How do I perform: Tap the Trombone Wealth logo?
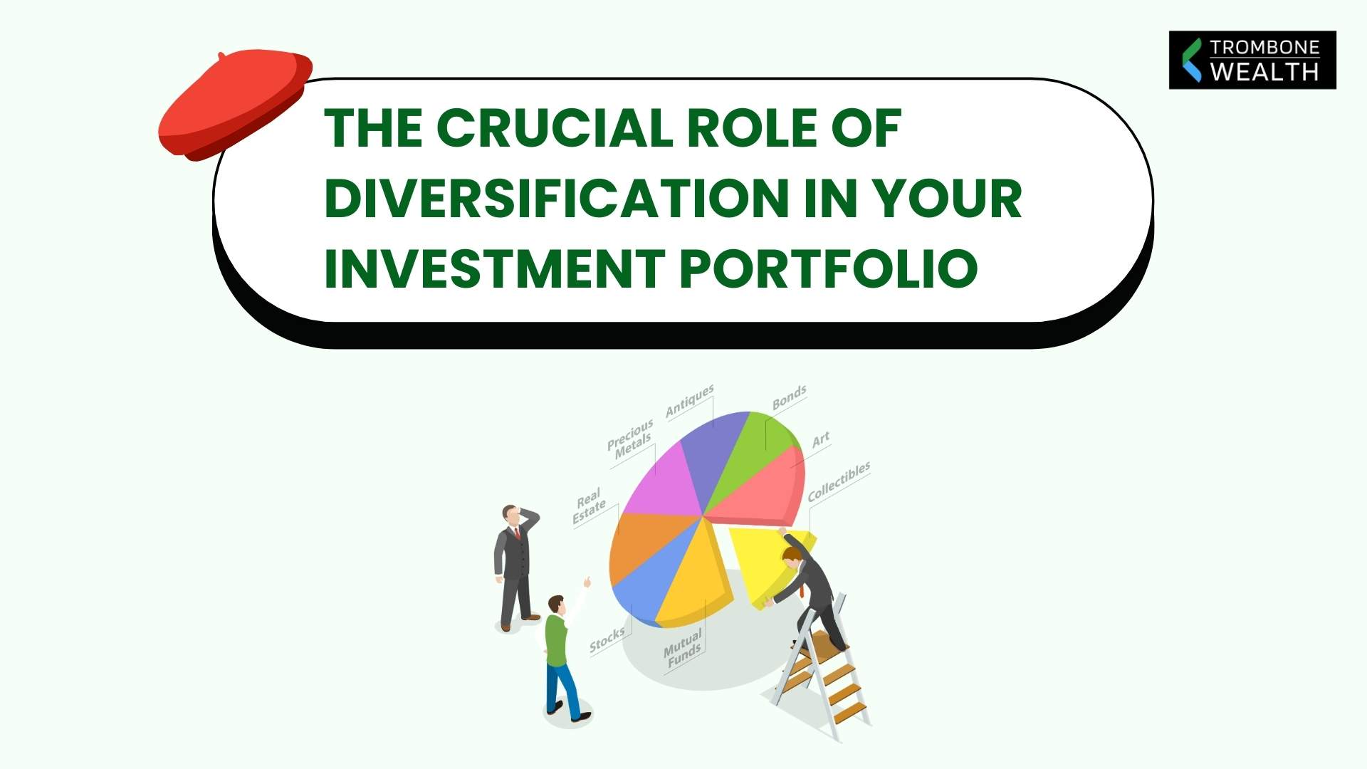point(1252,60)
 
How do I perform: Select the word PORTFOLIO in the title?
point(829,268)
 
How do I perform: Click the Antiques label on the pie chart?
point(688,402)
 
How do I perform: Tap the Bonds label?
point(789,397)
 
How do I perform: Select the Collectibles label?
point(838,481)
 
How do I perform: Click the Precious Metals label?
point(631,438)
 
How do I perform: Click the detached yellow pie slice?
point(758,563)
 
